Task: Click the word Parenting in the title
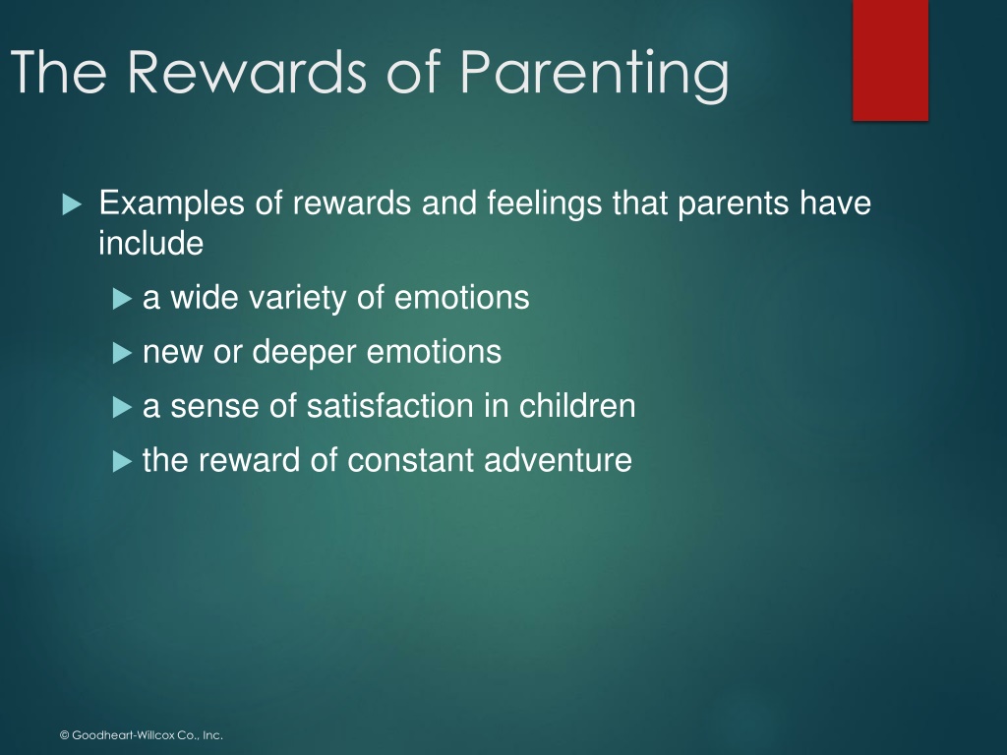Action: [x=595, y=75]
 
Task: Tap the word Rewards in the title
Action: [x=247, y=71]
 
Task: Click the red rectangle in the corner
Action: [x=890, y=60]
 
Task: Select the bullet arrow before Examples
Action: [x=73, y=204]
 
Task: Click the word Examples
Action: [x=171, y=204]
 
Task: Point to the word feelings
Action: [x=545, y=204]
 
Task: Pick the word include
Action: [x=150, y=244]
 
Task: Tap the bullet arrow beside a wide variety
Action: [x=122, y=299]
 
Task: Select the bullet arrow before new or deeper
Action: [x=122, y=353]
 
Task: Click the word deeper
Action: [x=304, y=353]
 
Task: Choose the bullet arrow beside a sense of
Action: [x=122, y=407]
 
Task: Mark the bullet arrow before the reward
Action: [x=122, y=461]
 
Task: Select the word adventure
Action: [x=559, y=460]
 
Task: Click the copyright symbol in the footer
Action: [x=64, y=735]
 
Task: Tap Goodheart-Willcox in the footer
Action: [x=128, y=735]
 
